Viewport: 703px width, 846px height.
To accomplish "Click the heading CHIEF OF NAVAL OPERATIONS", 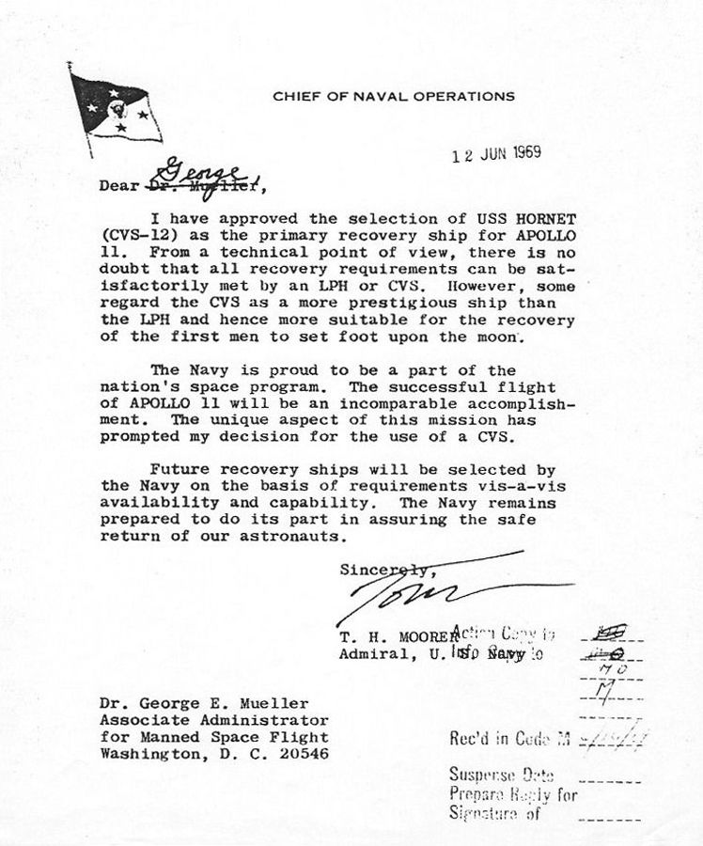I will coord(394,96).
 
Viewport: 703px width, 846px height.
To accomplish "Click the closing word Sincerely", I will coord(385,569).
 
